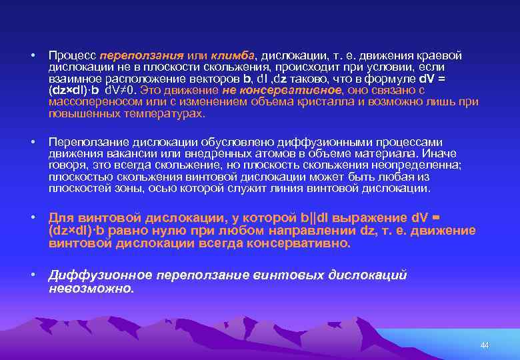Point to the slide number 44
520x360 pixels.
(484, 345)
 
